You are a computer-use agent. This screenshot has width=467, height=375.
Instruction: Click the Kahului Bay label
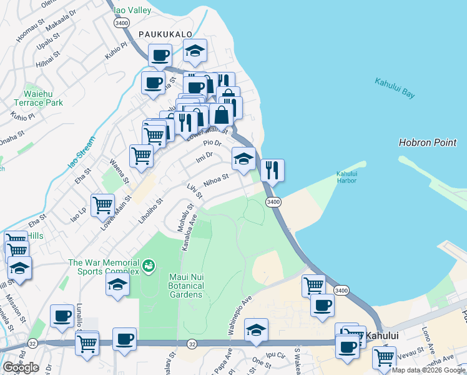(x=395, y=88)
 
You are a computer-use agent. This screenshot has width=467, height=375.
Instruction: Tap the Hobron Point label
(x=428, y=143)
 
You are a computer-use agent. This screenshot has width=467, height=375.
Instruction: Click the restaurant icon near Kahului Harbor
(x=272, y=170)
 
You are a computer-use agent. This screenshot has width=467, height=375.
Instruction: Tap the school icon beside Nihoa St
(x=243, y=158)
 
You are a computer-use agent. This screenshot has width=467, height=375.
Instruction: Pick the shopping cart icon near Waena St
(x=142, y=156)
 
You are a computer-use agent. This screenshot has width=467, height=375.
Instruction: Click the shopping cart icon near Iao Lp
(x=102, y=204)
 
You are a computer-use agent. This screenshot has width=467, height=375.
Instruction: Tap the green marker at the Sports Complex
(x=148, y=267)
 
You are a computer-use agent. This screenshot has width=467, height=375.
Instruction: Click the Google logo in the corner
(x=21, y=367)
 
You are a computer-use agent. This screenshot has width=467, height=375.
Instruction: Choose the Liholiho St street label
(x=150, y=210)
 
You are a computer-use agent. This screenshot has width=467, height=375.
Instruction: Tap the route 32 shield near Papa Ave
(x=192, y=344)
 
